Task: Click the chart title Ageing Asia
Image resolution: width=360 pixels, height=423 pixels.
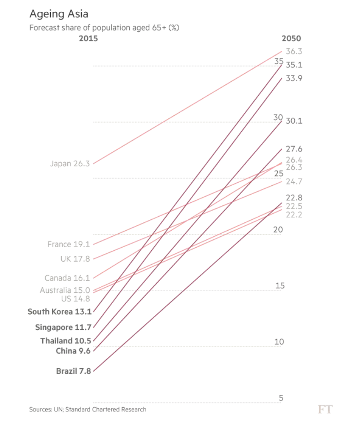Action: (59, 14)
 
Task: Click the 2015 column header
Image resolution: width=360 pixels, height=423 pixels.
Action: (88, 38)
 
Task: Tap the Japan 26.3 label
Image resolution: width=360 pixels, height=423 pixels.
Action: (70, 164)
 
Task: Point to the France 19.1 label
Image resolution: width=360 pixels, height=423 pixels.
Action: (68, 245)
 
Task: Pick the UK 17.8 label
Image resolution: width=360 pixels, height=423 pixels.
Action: (75, 259)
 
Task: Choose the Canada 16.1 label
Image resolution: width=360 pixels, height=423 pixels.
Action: (67, 278)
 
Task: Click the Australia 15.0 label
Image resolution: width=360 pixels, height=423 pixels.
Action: (65, 290)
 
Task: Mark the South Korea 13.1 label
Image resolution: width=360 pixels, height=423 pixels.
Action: (59, 312)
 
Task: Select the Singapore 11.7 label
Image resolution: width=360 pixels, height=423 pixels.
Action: (63, 327)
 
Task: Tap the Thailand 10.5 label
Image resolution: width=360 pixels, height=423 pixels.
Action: (66, 341)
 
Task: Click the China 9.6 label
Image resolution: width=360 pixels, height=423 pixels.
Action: (73, 351)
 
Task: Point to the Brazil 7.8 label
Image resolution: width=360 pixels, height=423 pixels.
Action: (73, 371)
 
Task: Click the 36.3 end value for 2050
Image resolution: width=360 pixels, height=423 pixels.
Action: (294, 51)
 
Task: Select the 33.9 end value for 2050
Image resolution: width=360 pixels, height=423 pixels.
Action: (294, 78)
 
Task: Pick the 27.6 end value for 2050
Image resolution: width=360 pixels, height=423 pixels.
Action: (294, 149)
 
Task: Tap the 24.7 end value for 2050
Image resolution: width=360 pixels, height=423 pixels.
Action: (294, 181)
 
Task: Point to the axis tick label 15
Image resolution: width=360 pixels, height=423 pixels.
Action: (280, 286)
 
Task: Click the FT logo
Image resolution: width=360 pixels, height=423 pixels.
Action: (325, 409)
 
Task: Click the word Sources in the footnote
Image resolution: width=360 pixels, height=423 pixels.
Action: (42, 410)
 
